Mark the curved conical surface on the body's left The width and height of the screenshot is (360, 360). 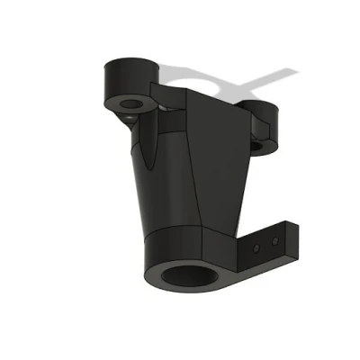[x=162, y=180]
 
